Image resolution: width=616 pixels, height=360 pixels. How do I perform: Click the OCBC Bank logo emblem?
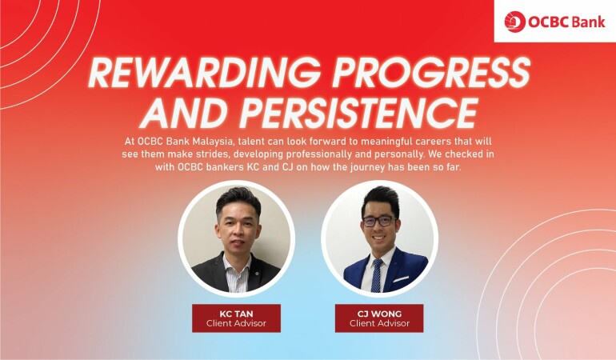514,22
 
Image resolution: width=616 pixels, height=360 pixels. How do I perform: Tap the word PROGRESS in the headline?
431,73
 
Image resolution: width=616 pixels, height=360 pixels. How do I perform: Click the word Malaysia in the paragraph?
214,142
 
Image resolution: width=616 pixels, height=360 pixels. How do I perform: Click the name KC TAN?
236,314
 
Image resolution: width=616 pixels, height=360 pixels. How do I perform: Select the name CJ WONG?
379,314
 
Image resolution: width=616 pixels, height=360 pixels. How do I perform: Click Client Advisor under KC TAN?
236,323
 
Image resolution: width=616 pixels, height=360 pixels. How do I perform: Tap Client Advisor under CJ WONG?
379,323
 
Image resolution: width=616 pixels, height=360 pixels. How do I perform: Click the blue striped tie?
376,275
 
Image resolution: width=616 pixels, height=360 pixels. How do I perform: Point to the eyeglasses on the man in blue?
378,222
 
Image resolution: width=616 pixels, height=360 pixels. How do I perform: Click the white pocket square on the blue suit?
401,279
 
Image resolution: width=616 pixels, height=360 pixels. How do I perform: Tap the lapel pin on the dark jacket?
255,272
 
